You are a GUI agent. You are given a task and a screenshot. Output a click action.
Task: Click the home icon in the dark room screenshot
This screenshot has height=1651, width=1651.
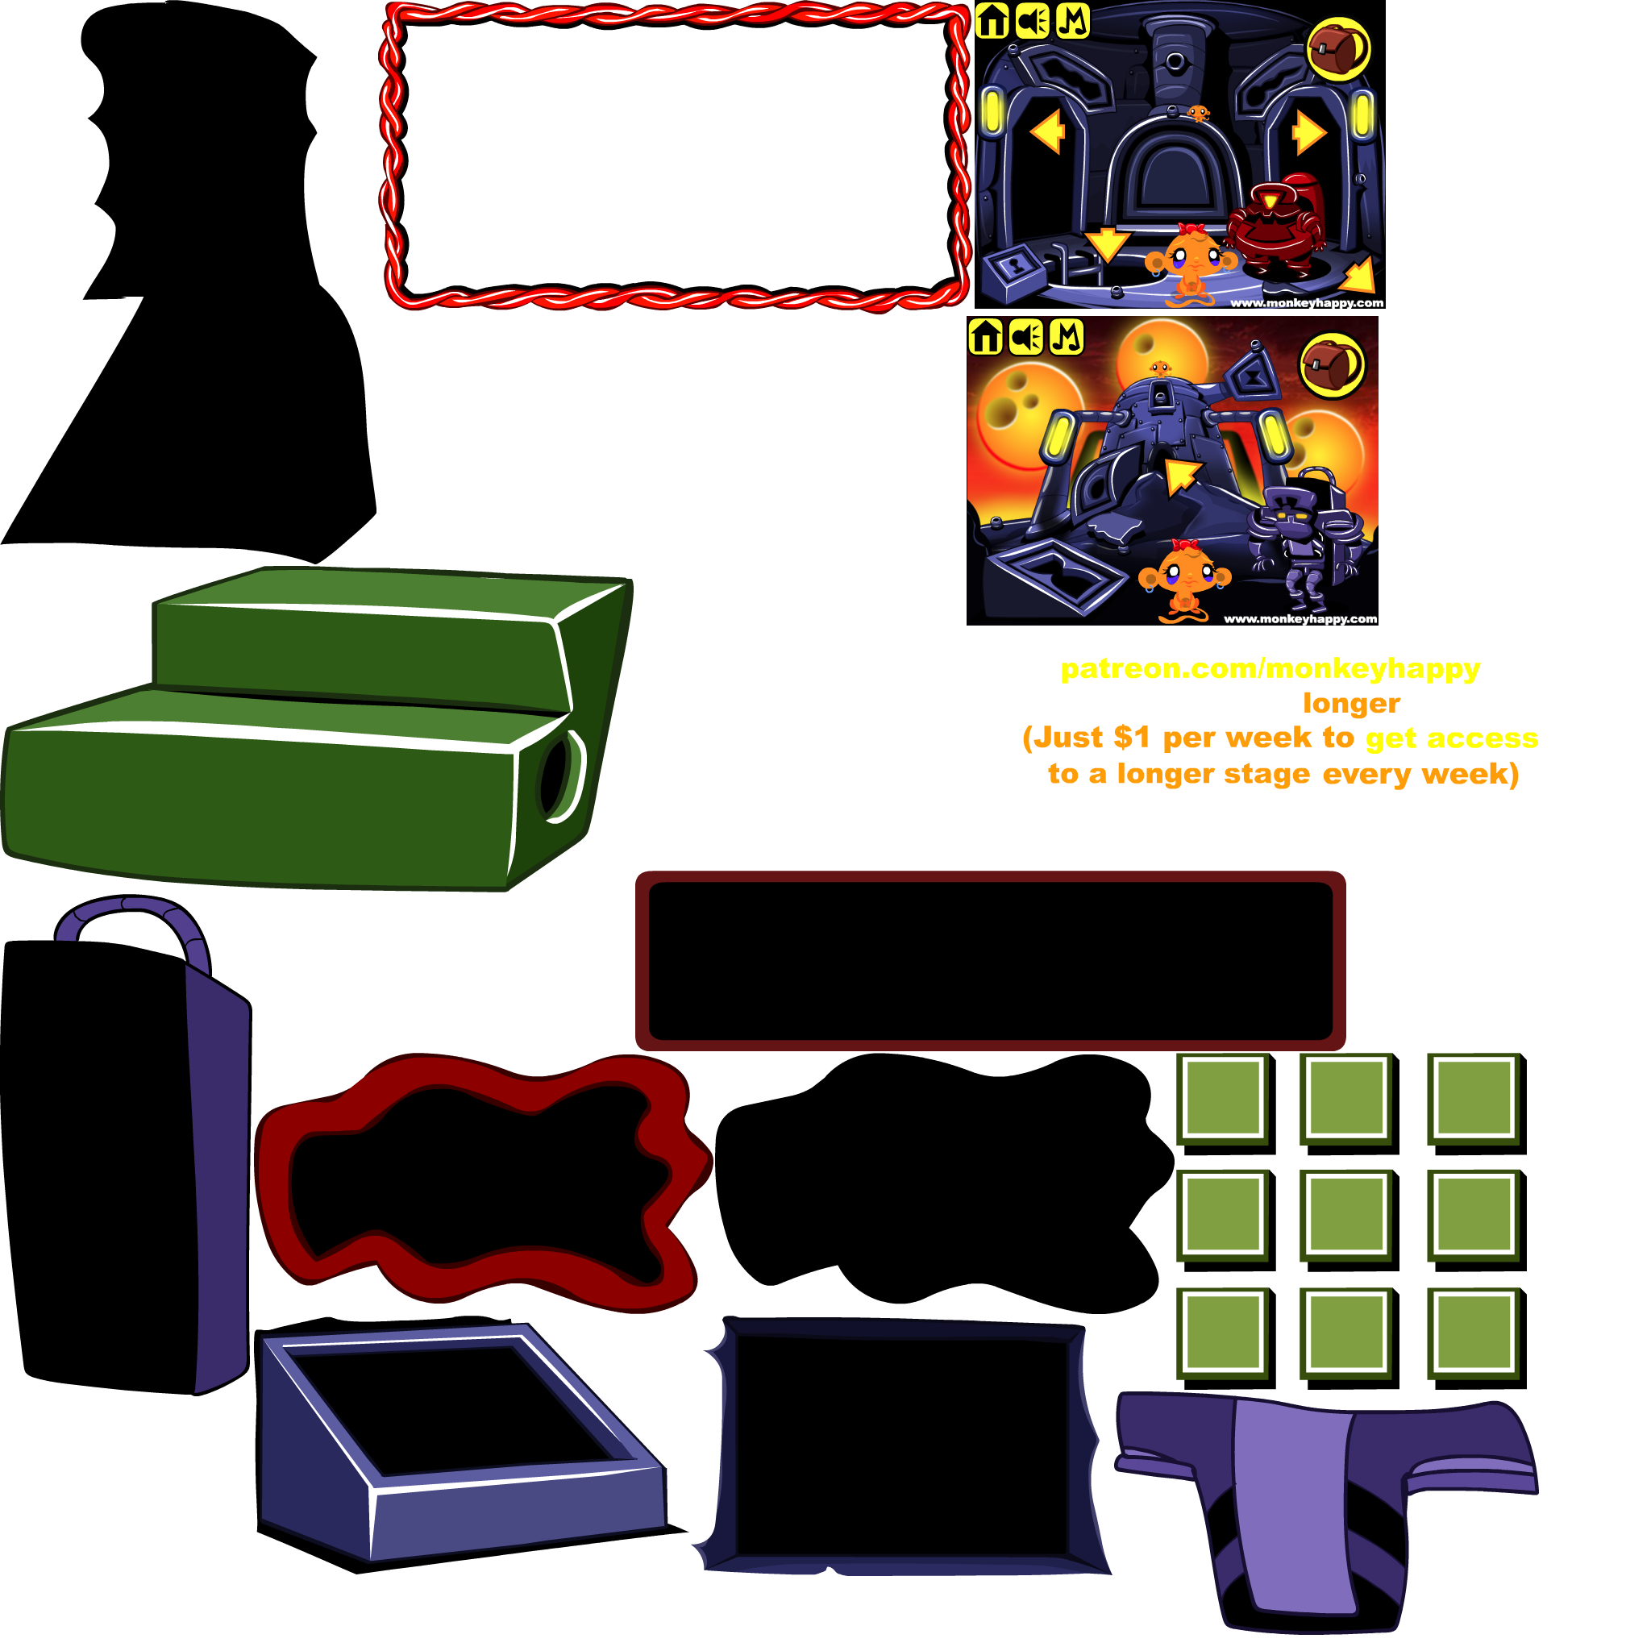(x=992, y=20)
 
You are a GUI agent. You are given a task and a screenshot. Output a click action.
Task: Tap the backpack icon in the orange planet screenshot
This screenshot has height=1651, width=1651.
(x=1333, y=366)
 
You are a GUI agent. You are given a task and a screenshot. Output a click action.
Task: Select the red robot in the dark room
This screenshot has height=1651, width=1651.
(x=1273, y=224)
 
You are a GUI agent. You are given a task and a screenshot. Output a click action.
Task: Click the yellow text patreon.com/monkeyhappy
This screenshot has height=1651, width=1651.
(x=1270, y=669)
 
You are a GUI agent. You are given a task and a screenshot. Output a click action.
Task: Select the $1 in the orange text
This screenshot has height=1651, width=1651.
(x=1131, y=738)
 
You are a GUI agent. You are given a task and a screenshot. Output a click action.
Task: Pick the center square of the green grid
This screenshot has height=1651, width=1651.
(x=1346, y=1214)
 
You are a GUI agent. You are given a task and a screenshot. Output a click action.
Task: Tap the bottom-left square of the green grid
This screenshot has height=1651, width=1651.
(x=1222, y=1333)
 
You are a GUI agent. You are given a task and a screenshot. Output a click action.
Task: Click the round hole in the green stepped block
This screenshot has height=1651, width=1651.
(x=560, y=776)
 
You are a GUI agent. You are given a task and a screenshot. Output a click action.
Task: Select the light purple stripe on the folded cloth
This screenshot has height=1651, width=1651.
(x=1291, y=1504)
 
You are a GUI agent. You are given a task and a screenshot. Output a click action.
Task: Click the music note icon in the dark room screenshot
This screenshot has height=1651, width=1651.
(x=1072, y=20)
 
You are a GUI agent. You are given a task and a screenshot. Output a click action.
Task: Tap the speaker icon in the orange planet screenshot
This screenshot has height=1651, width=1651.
(x=1025, y=337)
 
